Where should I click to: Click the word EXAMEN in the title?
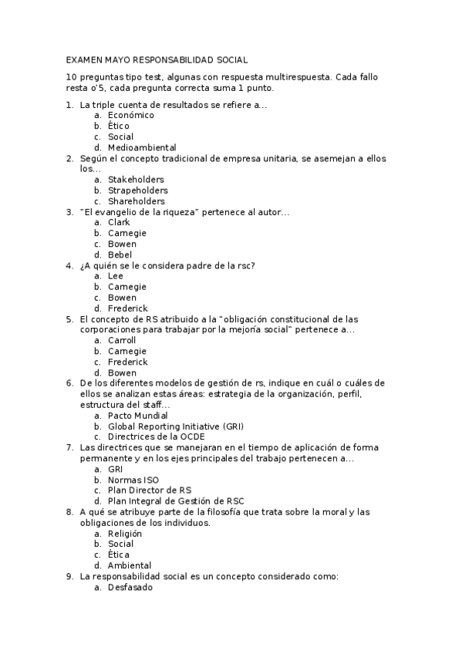click(84, 59)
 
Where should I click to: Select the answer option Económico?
click(131, 115)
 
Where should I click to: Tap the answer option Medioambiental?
click(142, 147)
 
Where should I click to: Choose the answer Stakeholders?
click(136, 180)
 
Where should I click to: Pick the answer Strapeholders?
click(138, 190)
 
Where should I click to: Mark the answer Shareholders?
click(137, 201)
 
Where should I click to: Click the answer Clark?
click(119, 222)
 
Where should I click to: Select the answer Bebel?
click(120, 255)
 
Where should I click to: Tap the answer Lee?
click(116, 275)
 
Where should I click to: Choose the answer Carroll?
click(122, 340)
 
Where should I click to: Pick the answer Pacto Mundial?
click(137, 416)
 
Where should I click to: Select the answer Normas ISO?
click(133, 480)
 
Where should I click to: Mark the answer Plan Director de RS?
click(150, 490)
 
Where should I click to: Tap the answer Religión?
click(125, 533)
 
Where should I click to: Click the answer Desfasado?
click(130, 587)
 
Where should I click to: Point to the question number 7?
click(69, 447)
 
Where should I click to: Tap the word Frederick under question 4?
click(128, 308)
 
